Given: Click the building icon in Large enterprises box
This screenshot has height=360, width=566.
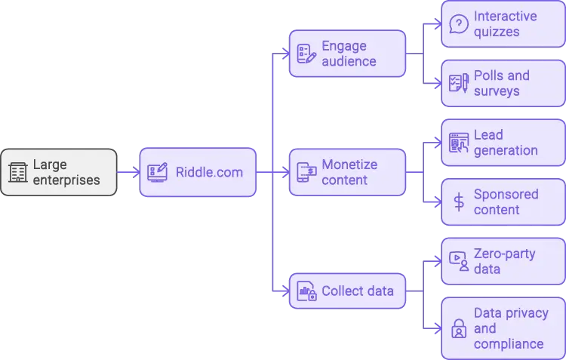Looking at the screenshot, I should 17,172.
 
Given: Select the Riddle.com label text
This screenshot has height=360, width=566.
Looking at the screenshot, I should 209,172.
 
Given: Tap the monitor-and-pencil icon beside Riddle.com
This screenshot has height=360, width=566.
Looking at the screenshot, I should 158,172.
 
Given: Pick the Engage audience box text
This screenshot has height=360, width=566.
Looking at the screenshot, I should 349,54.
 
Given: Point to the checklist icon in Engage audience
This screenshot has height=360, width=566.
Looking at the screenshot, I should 306,54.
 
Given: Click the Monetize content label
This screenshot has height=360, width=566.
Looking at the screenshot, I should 349,172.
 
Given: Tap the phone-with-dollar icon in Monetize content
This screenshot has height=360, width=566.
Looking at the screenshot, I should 306,172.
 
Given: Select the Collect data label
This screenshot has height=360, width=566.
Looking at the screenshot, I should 357,291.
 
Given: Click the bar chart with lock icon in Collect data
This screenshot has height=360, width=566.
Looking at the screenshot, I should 306,291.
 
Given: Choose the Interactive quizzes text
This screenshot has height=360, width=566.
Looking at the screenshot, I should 505,24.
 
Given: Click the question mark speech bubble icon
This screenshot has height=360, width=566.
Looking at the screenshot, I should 458,24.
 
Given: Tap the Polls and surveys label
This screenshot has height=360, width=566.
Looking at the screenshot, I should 501,83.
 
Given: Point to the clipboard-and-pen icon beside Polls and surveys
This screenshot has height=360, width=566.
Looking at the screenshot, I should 458,83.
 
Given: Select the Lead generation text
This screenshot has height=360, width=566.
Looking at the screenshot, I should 506,143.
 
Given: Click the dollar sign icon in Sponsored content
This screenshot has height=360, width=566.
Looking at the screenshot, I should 458,202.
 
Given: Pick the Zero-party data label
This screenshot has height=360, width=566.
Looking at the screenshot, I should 504,261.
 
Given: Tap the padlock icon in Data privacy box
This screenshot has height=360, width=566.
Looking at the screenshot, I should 458,328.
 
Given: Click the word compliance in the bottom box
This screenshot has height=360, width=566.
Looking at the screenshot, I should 508,344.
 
